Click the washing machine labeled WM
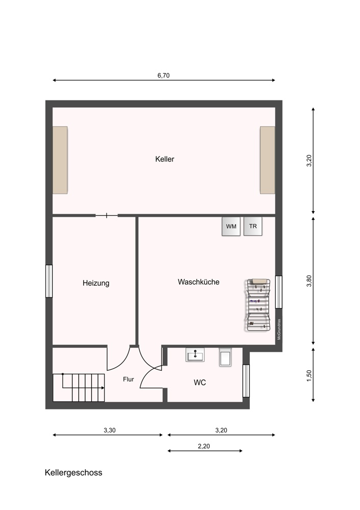tap(231, 226)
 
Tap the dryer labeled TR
tap(253, 226)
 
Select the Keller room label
tap(165, 159)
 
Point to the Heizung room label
tap(96, 283)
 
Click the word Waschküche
tap(198, 282)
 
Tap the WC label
tap(200, 382)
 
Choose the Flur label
tap(128, 379)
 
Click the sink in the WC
tap(195, 354)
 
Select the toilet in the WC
tap(225, 357)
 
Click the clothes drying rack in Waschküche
tap(258, 305)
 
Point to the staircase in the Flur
tap(79, 388)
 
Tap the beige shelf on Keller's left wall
tap(60, 160)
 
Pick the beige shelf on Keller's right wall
tap(267, 160)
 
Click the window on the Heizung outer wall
tap(49, 281)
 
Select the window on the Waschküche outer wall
tap(279, 292)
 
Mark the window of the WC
tap(246, 381)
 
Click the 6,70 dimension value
tap(164, 75)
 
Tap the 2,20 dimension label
tap(204, 446)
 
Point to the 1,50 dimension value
tap(309, 376)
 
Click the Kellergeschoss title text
tap(73, 473)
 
